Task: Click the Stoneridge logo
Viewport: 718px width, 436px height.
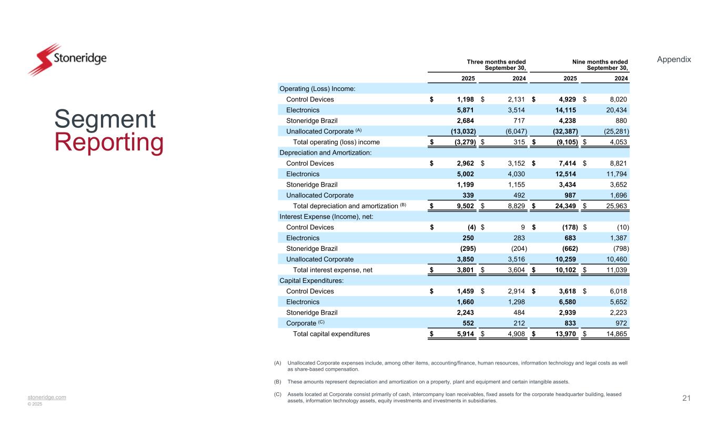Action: pos(67,58)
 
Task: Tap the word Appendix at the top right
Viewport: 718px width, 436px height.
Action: pos(674,59)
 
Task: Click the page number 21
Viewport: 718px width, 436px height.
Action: pos(686,398)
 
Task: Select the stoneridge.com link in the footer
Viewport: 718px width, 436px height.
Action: pos(47,397)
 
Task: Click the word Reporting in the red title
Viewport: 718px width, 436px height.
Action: pos(109,143)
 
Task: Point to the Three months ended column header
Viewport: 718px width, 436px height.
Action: pos(497,65)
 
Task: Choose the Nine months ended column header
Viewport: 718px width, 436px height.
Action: pos(600,65)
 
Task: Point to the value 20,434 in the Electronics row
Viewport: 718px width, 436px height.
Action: pos(616,110)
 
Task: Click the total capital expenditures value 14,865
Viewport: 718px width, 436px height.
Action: pos(616,334)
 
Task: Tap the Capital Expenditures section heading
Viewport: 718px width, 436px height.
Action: pos(311,280)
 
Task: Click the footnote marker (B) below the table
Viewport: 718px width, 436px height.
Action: pos(278,382)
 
